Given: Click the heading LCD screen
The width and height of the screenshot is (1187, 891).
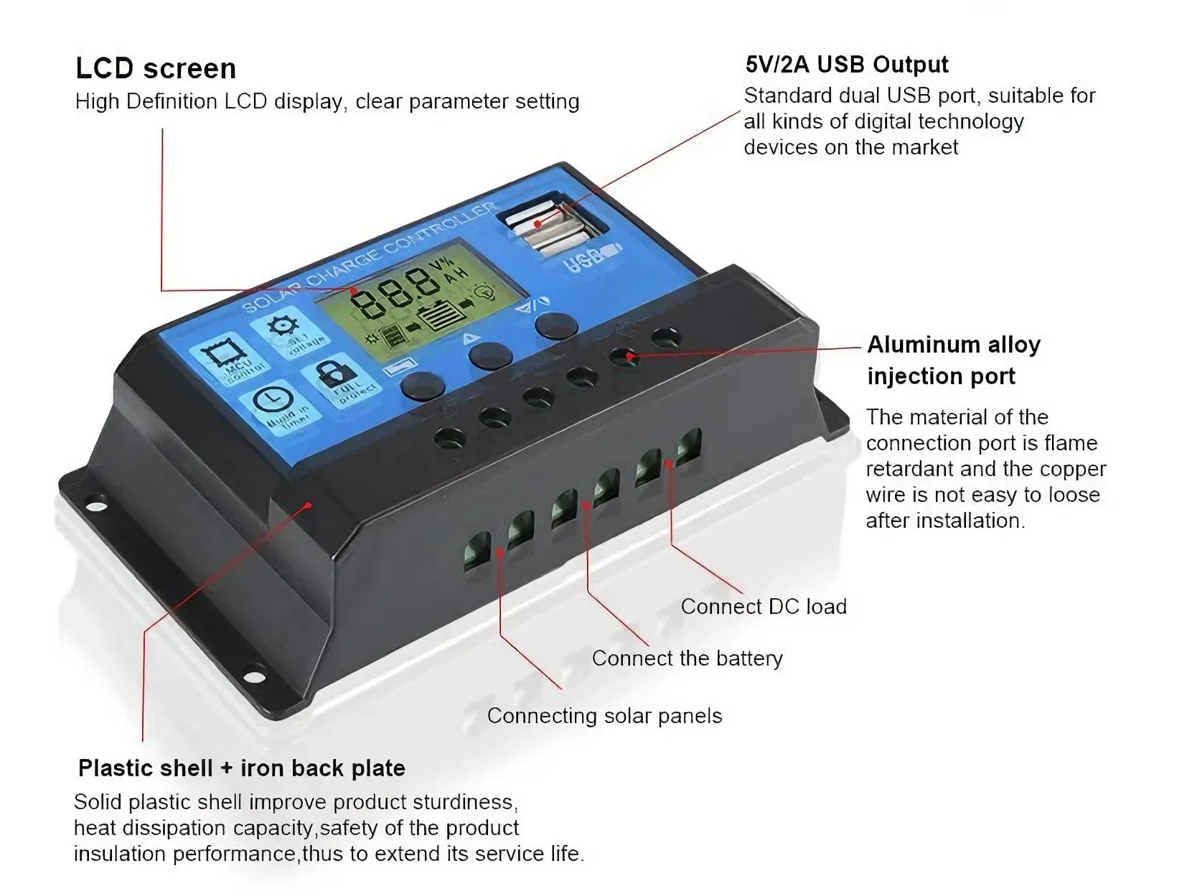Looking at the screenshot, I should click(x=156, y=69).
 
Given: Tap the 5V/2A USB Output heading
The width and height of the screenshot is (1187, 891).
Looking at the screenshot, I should click(x=846, y=65).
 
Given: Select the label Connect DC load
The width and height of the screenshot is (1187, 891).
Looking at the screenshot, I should click(x=763, y=607).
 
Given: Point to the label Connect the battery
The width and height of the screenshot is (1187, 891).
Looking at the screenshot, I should click(x=687, y=658).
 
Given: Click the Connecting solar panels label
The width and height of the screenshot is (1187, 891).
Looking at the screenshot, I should click(x=604, y=716).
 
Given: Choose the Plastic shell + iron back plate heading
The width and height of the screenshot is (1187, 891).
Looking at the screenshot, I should click(x=241, y=768).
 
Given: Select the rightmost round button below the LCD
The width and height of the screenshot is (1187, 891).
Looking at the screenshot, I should click(x=556, y=325).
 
